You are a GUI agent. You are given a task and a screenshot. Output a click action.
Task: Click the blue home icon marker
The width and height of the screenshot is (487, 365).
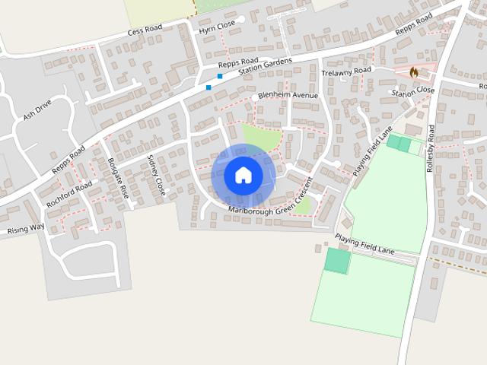tap(243, 175)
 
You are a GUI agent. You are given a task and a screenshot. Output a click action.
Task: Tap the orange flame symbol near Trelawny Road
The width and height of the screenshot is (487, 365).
tap(414, 71)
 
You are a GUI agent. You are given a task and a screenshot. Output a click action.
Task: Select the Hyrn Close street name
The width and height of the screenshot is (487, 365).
tap(217, 27)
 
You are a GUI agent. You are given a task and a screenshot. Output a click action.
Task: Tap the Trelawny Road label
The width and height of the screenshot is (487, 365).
tap(346, 71)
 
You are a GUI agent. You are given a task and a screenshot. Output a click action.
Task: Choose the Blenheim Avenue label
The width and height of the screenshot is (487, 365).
tap(288, 95)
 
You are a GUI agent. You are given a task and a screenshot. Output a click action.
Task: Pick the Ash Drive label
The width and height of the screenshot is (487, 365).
tap(37, 111)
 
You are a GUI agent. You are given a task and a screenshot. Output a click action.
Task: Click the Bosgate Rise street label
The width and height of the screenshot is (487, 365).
tap(119, 178)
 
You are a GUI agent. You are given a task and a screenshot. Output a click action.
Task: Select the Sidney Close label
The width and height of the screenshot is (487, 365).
tap(155, 175)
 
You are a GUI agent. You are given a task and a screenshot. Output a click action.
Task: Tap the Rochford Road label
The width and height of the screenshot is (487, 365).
tap(69, 194)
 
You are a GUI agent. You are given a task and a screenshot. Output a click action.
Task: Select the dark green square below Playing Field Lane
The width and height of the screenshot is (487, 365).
tap(338, 261)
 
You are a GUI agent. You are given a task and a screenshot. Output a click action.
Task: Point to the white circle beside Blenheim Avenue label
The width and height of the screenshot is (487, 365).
tap(254, 98)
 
